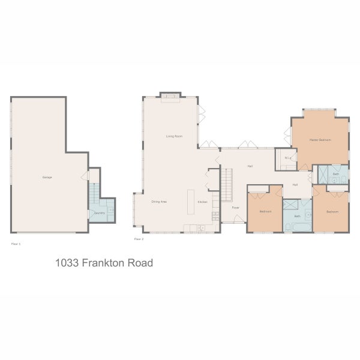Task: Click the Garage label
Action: pos(46,178)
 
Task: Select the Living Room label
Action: pos(174,137)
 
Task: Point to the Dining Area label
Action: pos(159,202)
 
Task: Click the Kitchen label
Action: pos(202,202)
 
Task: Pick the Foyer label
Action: pos(236,207)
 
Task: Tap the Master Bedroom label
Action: pos(320,139)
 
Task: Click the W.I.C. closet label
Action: pos(287,158)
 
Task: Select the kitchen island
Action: pos(191,202)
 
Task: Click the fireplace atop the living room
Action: pos(170,97)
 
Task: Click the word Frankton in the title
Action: pos(103,262)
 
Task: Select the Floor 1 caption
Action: pos(16,244)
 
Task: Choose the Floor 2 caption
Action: pos(139,239)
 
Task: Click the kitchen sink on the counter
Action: pos(200,227)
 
